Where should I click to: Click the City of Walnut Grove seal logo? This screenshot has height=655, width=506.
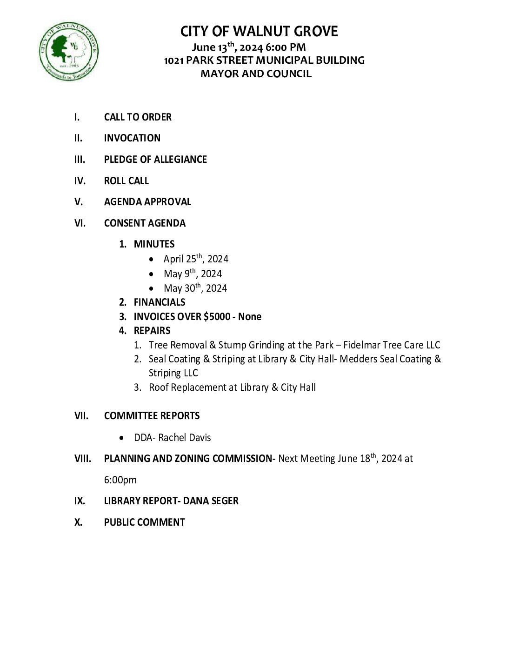coord(68,50)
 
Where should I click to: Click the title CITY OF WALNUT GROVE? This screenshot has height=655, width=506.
coord(259,32)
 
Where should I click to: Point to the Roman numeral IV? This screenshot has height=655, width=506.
coord(80,181)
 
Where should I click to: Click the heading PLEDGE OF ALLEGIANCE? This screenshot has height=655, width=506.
coord(155,160)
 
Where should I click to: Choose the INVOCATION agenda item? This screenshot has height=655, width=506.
coord(132,138)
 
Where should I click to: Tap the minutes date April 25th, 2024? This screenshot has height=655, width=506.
coord(196,259)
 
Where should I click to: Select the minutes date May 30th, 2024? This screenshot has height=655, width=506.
coord(195,288)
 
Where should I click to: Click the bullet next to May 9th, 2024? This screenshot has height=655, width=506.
coord(151,274)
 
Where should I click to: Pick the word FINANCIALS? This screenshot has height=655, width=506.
coord(160,302)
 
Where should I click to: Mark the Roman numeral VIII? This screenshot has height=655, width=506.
coord(82,459)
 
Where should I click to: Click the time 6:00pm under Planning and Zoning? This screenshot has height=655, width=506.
coord(120,480)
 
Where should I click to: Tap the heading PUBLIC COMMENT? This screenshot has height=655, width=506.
coord(145,522)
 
